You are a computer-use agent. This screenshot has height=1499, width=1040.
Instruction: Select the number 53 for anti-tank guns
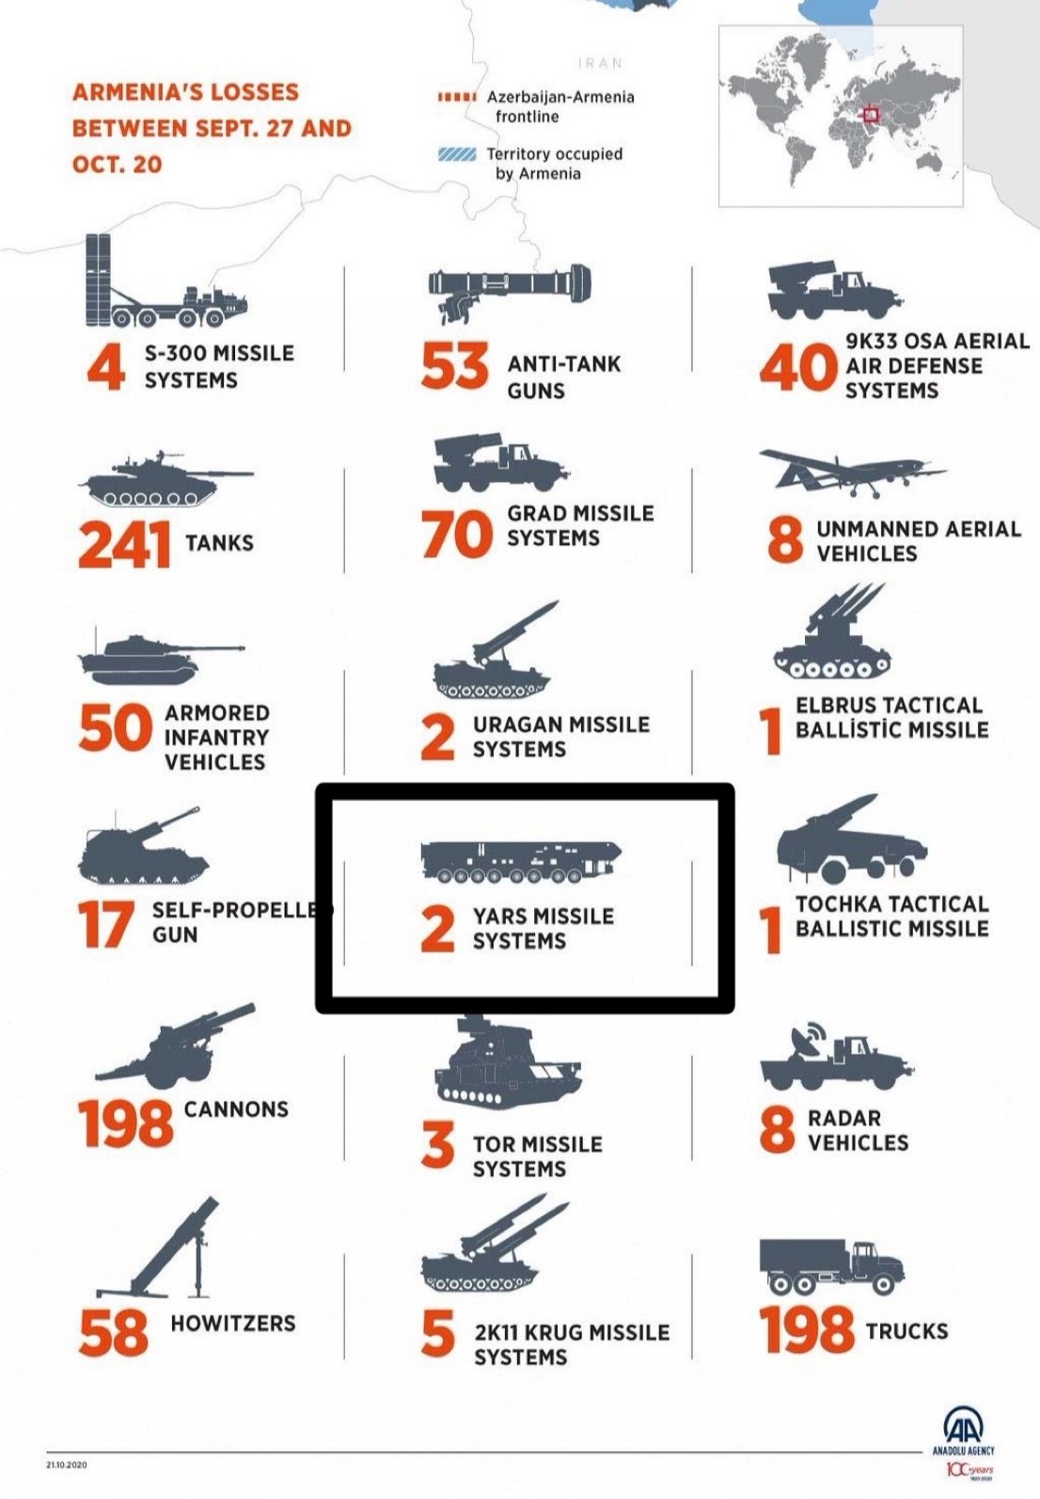point(455,365)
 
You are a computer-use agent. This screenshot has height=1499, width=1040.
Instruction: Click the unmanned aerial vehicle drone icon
point(853,472)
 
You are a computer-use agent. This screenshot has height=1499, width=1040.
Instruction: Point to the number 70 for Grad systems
point(457,534)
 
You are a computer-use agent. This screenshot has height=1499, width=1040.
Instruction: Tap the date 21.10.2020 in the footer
point(66,1465)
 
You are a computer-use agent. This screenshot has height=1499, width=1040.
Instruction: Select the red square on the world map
point(870,115)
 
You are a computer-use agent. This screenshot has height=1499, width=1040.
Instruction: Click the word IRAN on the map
point(600,63)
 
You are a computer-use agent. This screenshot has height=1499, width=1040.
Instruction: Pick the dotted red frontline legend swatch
point(457,97)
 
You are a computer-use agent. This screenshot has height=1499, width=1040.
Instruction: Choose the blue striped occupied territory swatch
point(457,155)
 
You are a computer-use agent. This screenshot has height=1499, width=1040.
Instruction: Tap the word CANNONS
point(236,1108)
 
